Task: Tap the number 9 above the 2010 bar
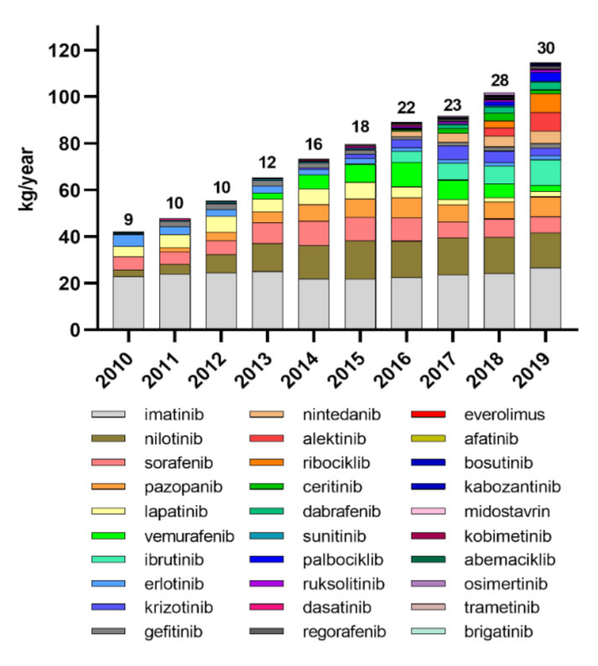129,218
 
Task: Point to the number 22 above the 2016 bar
406,108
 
